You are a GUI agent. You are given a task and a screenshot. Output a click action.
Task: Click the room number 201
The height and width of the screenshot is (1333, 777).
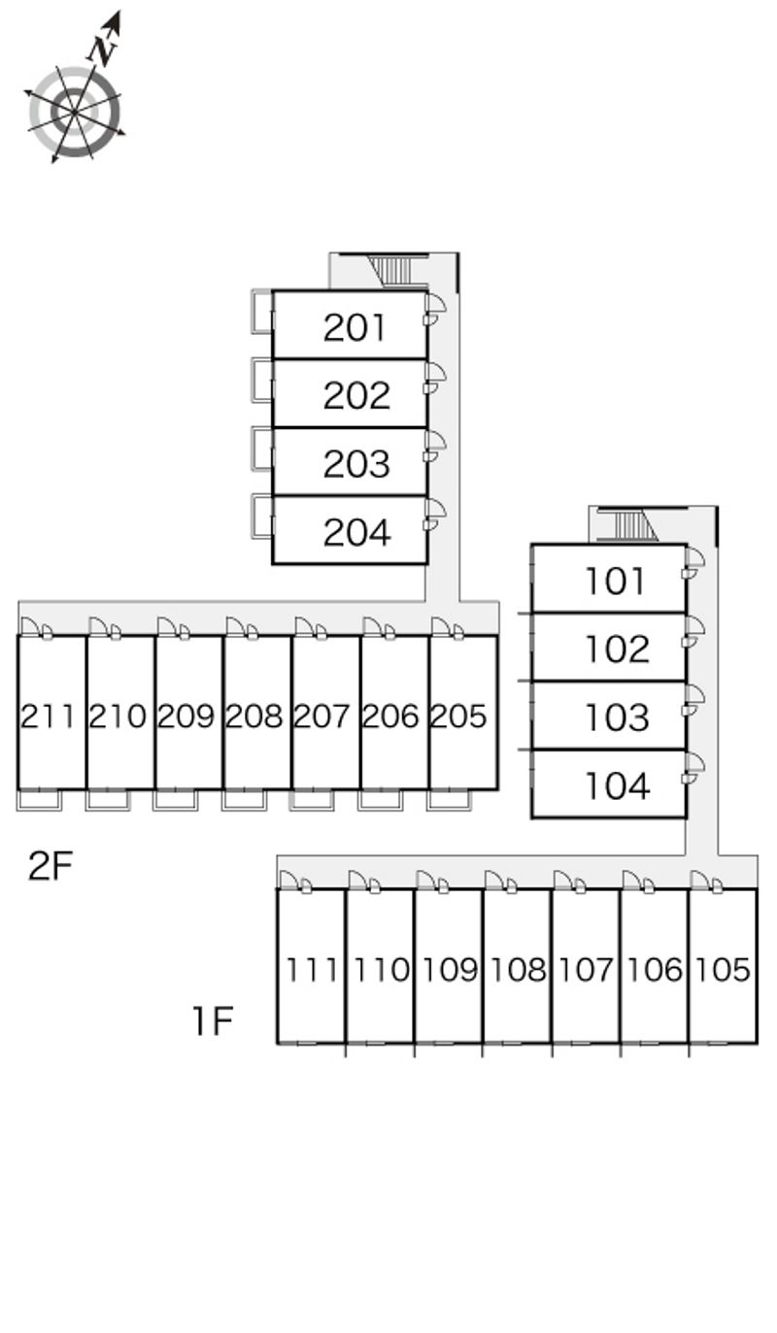point(355,328)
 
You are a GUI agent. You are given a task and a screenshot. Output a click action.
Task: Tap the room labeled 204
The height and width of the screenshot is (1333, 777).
point(356,532)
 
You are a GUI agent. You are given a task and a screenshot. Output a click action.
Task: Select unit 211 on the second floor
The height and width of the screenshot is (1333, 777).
point(49,716)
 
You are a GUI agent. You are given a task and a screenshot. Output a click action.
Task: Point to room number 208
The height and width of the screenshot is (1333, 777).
point(253,716)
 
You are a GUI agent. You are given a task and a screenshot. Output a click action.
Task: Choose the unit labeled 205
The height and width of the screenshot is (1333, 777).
point(458,716)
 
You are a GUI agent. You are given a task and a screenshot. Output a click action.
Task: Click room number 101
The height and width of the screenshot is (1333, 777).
point(616,581)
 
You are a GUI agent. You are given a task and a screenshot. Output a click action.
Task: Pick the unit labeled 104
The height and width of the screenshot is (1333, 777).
point(616,785)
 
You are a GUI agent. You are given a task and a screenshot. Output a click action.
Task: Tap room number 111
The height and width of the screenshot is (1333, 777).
point(313,969)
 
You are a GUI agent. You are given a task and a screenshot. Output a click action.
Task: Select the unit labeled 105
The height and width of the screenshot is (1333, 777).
point(724,969)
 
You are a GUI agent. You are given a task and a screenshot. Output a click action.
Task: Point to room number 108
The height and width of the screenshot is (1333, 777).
point(519,969)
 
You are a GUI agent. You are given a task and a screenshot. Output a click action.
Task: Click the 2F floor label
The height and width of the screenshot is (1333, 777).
point(51,866)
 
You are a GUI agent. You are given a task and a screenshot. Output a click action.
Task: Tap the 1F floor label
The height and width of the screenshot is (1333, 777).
point(212,1020)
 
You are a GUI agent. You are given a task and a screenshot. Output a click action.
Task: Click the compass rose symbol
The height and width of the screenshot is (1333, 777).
point(74,113)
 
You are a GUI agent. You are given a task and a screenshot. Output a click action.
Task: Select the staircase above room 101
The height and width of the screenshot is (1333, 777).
point(627,525)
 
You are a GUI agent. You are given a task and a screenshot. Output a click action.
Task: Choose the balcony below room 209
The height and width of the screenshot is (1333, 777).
point(176,800)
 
